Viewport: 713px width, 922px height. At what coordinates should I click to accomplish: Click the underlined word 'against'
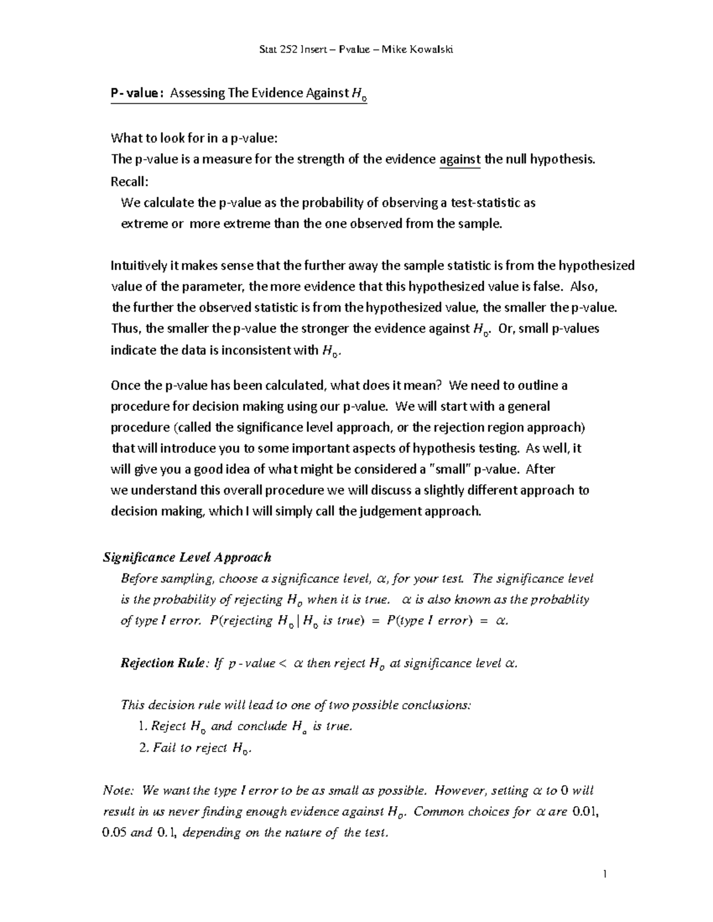tap(459, 159)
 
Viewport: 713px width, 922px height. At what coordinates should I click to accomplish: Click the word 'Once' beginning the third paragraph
tap(125, 385)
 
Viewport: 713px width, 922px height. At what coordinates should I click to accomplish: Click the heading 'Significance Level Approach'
tap(187, 557)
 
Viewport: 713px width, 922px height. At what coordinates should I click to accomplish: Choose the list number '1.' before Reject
tap(141, 726)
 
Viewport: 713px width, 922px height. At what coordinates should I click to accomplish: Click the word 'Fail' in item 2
tap(164, 747)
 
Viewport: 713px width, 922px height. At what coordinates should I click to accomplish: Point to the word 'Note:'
tap(119, 790)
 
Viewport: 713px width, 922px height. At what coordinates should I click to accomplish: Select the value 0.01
tap(585, 812)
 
